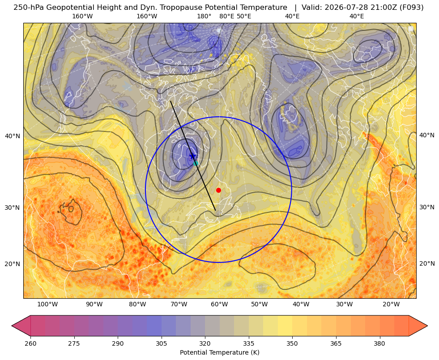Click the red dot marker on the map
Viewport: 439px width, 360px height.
click(219, 190)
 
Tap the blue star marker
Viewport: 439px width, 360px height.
click(192, 156)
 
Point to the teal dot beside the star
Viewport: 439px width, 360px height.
click(196, 163)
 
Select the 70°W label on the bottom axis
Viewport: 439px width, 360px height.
click(179, 305)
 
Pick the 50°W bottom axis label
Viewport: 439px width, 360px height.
click(259, 305)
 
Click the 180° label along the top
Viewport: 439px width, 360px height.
click(204, 16)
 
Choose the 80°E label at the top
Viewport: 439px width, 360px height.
click(226, 16)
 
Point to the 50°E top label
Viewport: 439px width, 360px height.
click(244, 16)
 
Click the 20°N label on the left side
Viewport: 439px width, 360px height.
click(13, 264)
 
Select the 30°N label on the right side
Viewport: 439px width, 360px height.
click(427, 207)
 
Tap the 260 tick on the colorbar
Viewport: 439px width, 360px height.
click(30, 343)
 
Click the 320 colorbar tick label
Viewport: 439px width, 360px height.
click(205, 343)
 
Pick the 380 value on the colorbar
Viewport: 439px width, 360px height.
click(379, 343)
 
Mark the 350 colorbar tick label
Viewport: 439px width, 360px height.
click(292, 343)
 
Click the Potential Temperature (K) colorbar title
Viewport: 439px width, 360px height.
click(219, 352)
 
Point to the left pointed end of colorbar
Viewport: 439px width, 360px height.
click(12, 326)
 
